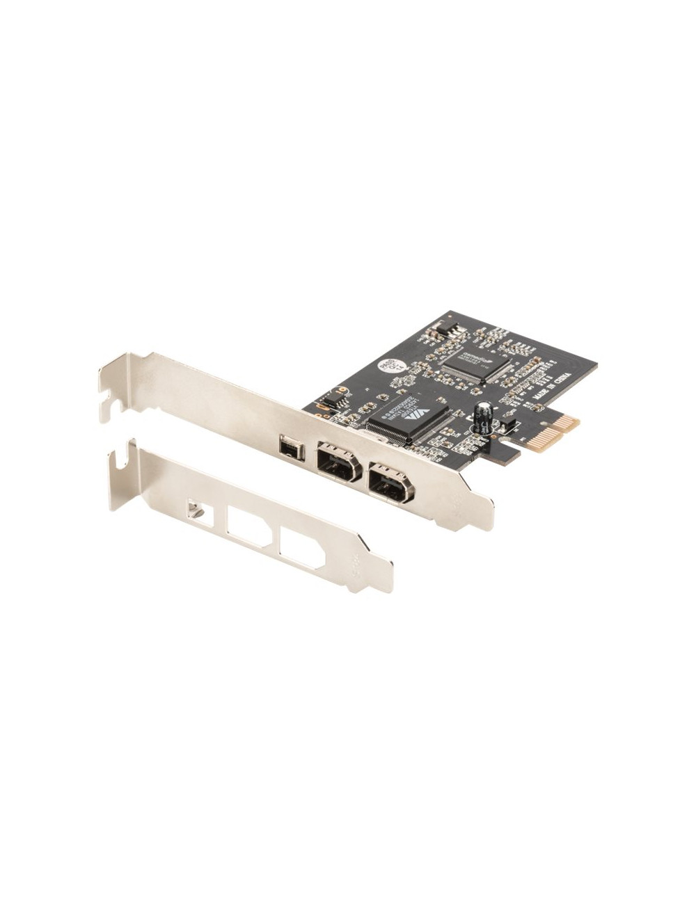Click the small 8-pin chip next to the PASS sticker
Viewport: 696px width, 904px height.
[334, 401]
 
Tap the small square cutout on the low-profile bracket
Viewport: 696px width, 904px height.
[198, 512]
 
